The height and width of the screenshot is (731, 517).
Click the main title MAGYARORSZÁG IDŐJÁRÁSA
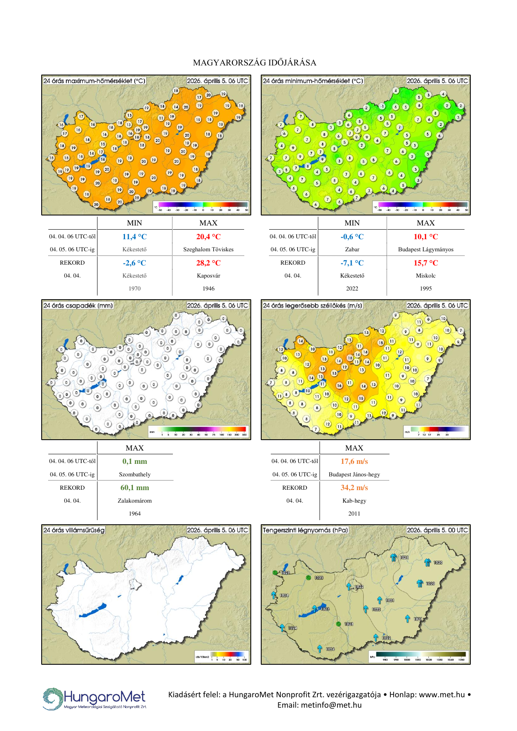point(255,63)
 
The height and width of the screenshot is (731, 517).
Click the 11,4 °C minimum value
point(134,237)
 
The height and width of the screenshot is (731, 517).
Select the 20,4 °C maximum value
point(208,237)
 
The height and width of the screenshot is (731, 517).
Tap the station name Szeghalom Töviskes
point(208,250)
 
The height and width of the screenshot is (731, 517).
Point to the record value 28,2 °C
point(208,263)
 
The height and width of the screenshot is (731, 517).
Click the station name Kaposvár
point(208,276)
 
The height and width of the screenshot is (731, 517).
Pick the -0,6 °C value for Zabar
point(352,237)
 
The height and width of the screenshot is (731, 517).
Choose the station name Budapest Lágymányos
point(425,250)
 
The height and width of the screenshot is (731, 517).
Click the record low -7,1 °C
point(352,263)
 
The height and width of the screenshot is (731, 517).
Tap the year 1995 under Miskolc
point(425,288)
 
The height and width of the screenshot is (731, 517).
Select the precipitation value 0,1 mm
point(135,461)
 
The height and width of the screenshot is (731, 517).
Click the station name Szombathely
point(135,474)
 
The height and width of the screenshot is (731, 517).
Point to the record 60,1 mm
point(135,488)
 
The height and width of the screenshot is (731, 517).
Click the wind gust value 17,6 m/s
point(354,461)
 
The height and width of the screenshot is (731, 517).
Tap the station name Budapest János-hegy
point(354,474)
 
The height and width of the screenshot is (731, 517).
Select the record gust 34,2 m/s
point(354,488)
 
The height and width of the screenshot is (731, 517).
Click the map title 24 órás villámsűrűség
point(74,530)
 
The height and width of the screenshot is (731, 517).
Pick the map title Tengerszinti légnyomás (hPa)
point(305,530)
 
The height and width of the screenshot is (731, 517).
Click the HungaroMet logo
point(95,699)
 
